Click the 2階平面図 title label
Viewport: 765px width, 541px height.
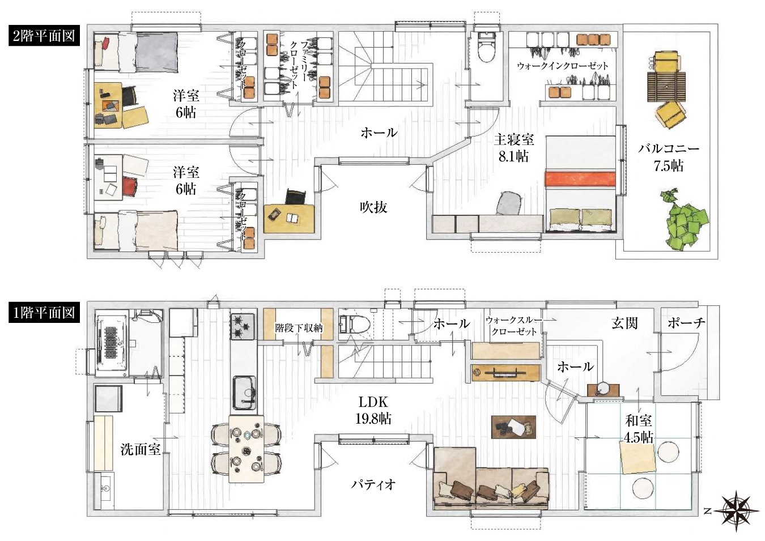(44, 36)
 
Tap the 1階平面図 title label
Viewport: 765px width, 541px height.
(44, 312)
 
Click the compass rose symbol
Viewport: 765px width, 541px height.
(736, 511)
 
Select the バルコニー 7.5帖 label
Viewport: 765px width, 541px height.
(668, 157)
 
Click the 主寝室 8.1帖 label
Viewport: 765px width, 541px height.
(514, 148)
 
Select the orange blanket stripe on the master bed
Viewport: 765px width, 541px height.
(580, 179)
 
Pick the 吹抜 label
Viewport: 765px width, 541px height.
(373, 207)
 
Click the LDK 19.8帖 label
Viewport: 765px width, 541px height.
(373, 410)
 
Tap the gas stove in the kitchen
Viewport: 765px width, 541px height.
(243, 326)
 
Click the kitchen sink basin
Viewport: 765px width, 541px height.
(245, 393)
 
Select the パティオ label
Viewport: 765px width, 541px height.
(373, 484)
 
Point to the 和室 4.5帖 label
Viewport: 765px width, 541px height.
(639, 429)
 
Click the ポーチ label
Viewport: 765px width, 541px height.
(686, 322)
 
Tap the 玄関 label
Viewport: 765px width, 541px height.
(624, 323)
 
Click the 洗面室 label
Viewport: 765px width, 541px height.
(141, 450)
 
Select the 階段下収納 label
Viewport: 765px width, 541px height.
(299, 328)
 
